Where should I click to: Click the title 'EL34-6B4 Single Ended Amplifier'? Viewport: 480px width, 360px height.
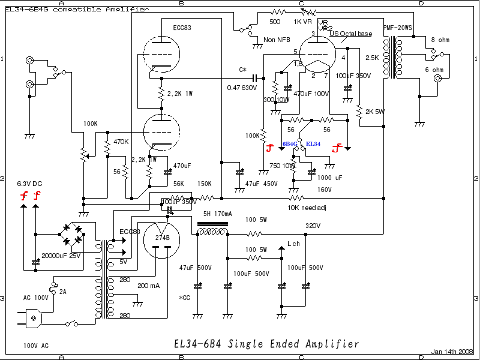(x=266, y=344)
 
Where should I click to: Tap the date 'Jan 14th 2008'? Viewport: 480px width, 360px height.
(x=452, y=352)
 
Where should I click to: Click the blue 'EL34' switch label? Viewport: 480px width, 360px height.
(x=314, y=145)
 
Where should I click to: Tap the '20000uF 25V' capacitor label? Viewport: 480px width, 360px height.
(x=62, y=256)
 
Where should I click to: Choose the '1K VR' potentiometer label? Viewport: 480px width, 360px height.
(x=302, y=21)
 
